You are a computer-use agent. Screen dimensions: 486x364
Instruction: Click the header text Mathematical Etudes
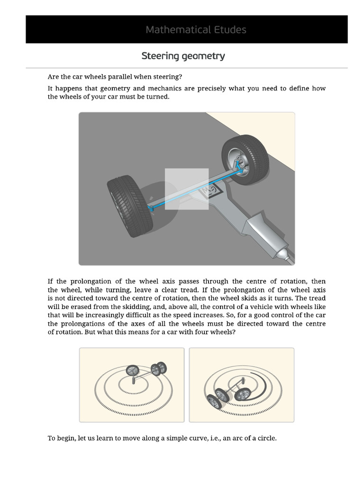click(196, 29)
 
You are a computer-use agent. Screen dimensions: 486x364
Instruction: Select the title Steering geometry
click(183, 56)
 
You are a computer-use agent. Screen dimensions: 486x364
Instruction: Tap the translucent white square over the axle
click(186, 188)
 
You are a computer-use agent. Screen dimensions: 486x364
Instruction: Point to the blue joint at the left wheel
click(151, 207)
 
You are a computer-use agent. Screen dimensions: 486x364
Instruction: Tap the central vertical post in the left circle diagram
click(136, 379)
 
